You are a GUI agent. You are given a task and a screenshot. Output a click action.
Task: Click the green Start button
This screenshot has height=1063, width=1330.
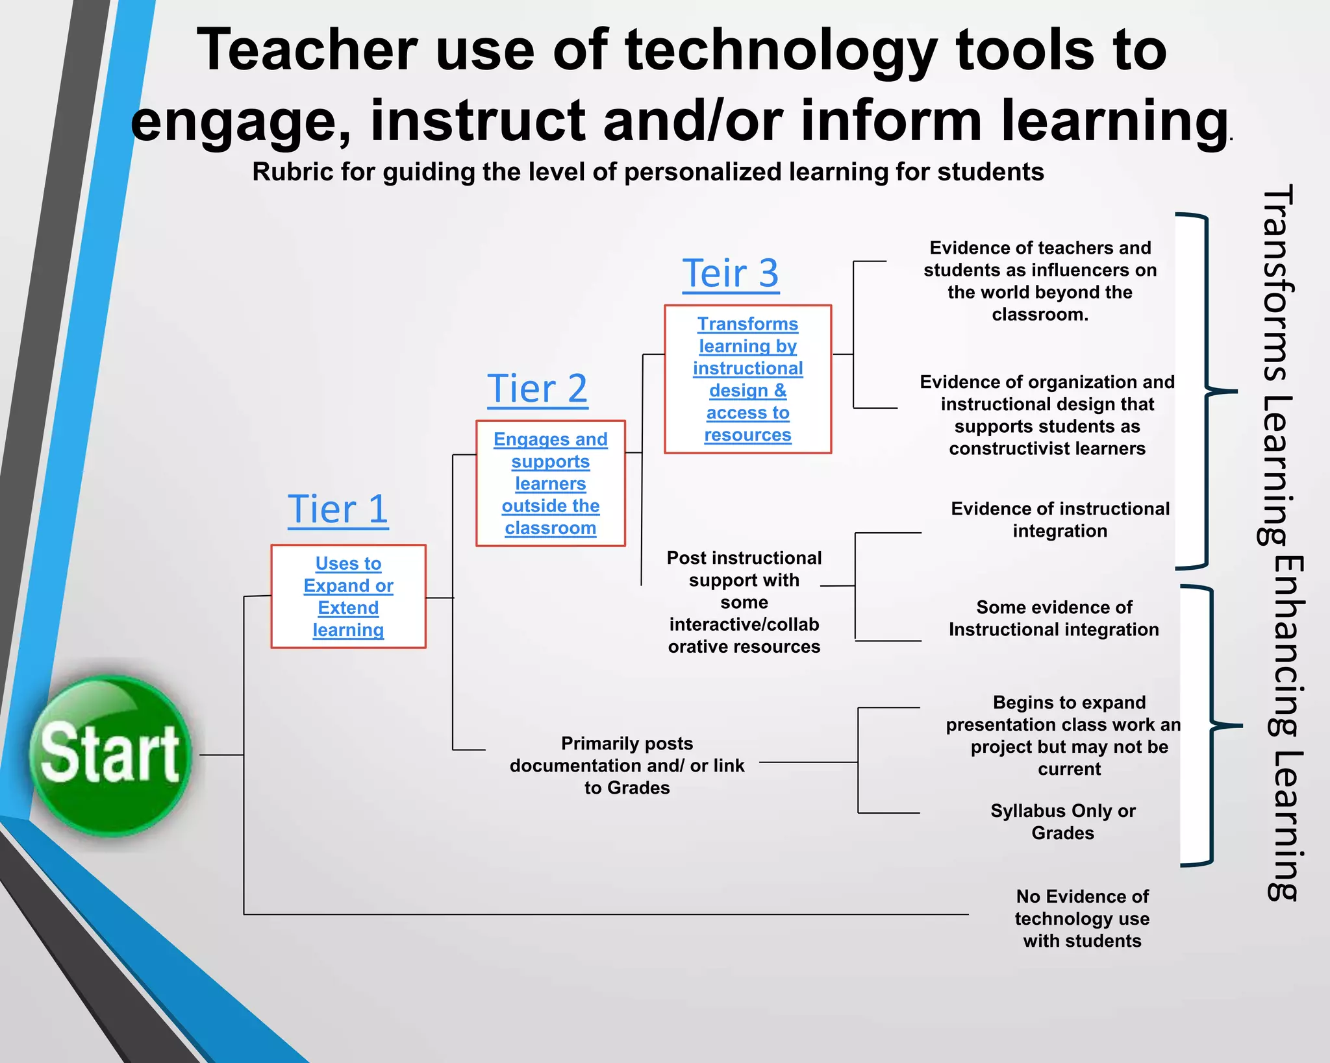pos(110,755)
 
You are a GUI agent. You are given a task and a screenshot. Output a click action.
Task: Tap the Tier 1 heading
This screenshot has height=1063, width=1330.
pos(338,509)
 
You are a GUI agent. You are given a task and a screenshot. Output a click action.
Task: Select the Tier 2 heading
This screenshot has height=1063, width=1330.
pos(537,389)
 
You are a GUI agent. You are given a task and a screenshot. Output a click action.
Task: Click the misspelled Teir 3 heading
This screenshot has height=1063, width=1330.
pos(730,273)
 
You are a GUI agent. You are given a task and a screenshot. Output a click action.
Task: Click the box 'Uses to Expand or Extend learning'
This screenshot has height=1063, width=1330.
pos(348,596)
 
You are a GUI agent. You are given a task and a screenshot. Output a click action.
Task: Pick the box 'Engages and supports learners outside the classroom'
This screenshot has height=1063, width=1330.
pos(550,483)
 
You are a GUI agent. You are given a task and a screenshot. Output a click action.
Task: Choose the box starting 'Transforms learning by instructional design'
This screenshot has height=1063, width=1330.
pos(747,379)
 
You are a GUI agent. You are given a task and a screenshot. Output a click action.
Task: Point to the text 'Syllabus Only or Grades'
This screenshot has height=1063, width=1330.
pos(1062,822)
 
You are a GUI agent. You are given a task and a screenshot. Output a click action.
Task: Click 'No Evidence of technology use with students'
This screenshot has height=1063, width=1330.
pos(1082,918)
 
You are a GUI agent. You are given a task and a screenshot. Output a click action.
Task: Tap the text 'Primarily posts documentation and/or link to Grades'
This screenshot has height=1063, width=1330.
pos(627,765)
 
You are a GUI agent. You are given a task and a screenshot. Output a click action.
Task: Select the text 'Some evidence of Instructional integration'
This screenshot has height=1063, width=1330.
pos(1053,618)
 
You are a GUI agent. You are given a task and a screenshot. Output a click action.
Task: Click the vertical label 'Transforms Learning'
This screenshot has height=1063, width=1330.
pos(1276,363)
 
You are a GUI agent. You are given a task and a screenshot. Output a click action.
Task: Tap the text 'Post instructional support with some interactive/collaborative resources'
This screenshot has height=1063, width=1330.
pos(744,602)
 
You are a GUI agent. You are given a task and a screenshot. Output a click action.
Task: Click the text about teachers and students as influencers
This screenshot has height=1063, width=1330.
pos(1040,281)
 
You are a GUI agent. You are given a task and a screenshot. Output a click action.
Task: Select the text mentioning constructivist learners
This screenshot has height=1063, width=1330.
pos(1047,415)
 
